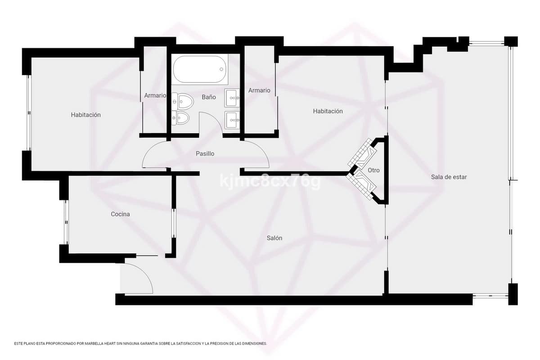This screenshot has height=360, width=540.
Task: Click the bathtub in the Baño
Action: tap(200, 69)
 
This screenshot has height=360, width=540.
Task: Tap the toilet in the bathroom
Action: tap(183, 101)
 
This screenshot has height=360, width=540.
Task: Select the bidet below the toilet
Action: tap(181, 118)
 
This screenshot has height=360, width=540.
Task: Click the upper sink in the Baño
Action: tap(232, 98)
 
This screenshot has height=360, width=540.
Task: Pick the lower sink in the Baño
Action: tap(232, 120)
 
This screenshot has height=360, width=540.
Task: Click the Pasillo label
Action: tap(205, 153)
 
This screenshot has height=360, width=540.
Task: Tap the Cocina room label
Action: tap(120, 214)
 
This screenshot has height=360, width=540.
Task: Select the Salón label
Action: tap(274, 238)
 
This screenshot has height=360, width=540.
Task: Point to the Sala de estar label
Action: tap(449, 177)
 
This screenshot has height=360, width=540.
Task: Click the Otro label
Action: tap(373, 170)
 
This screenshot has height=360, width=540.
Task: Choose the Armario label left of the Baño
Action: tap(155, 95)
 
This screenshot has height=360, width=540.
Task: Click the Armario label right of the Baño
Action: tap(259, 90)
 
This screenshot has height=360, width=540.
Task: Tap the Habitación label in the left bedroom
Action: tap(85, 115)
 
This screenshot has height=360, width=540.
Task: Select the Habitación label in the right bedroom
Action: tap(328, 111)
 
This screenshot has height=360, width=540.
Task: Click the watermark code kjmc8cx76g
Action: tap(270, 180)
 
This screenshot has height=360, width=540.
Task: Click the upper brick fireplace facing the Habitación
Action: tap(362, 153)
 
